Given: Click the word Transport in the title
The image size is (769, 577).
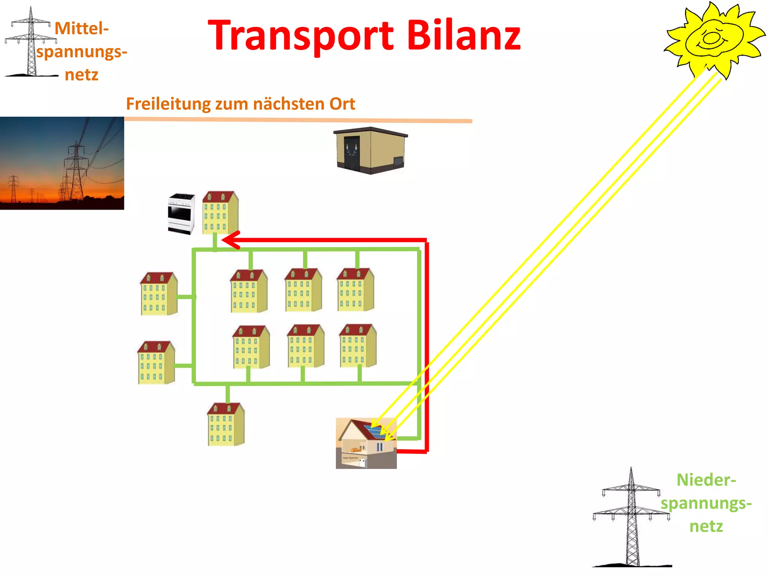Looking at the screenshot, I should click(x=300, y=36).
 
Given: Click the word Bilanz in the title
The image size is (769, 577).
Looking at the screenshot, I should click(x=463, y=36).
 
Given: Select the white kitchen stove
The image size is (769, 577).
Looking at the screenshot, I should click(x=181, y=213).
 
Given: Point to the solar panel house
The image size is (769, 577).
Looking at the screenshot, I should click(x=366, y=443).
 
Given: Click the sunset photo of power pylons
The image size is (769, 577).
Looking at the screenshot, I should click(x=62, y=163).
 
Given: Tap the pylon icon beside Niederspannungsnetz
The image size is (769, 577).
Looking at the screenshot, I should click(x=632, y=518).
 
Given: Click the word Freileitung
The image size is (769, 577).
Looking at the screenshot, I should click(x=168, y=104).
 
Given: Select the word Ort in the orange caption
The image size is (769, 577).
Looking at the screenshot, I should click(x=342, y=104).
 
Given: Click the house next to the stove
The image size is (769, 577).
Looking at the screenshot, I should click(x=220, y=213).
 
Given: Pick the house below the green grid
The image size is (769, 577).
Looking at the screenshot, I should click(x=226, y=424).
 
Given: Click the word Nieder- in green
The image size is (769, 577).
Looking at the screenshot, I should click(x=706, y=480).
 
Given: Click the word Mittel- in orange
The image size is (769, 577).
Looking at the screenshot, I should click(x=81, y=29).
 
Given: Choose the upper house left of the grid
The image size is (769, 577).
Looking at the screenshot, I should click(x=158, y=294).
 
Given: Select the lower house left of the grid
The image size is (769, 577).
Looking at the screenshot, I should click(x=156, y=363).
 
